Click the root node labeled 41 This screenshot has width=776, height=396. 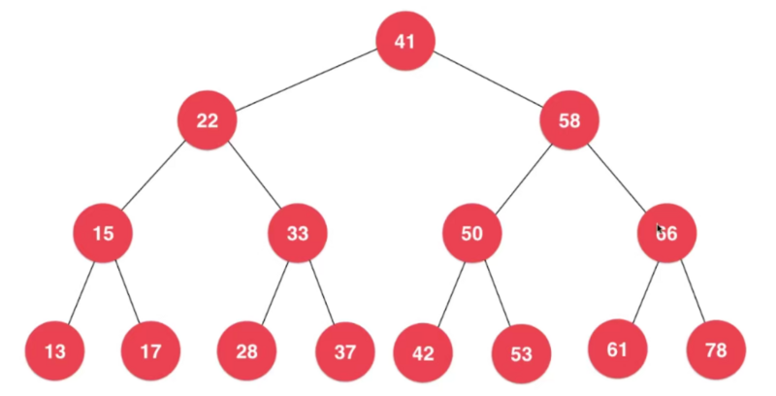tap(404, 41)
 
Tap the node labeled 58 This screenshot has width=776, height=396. tap(569, 120)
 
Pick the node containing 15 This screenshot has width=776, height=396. tap(103, 233)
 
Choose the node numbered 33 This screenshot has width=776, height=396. tap(297, 233)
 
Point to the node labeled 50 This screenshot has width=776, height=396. tap(471, 233)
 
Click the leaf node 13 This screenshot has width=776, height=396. tap(54, 350)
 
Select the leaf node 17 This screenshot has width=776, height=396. tap(151, 350)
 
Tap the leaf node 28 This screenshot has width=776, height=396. tap(247, 350)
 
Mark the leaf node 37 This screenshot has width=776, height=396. tap(345, 350)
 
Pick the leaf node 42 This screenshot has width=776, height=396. tap(423, 352)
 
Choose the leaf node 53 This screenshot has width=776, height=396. tap(521, 353)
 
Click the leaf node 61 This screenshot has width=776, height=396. tap(618, 348)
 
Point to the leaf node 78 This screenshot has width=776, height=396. tap(716, 349)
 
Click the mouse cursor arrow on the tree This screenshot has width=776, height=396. tap(660, 230)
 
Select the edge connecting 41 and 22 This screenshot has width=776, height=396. tap(306, 81)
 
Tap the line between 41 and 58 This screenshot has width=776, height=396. tap(488, 81)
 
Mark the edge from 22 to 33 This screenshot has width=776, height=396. tap(252, 177)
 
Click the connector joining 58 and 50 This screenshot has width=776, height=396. tap(521, 177)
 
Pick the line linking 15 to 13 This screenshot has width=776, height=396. tap(79, 291)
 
